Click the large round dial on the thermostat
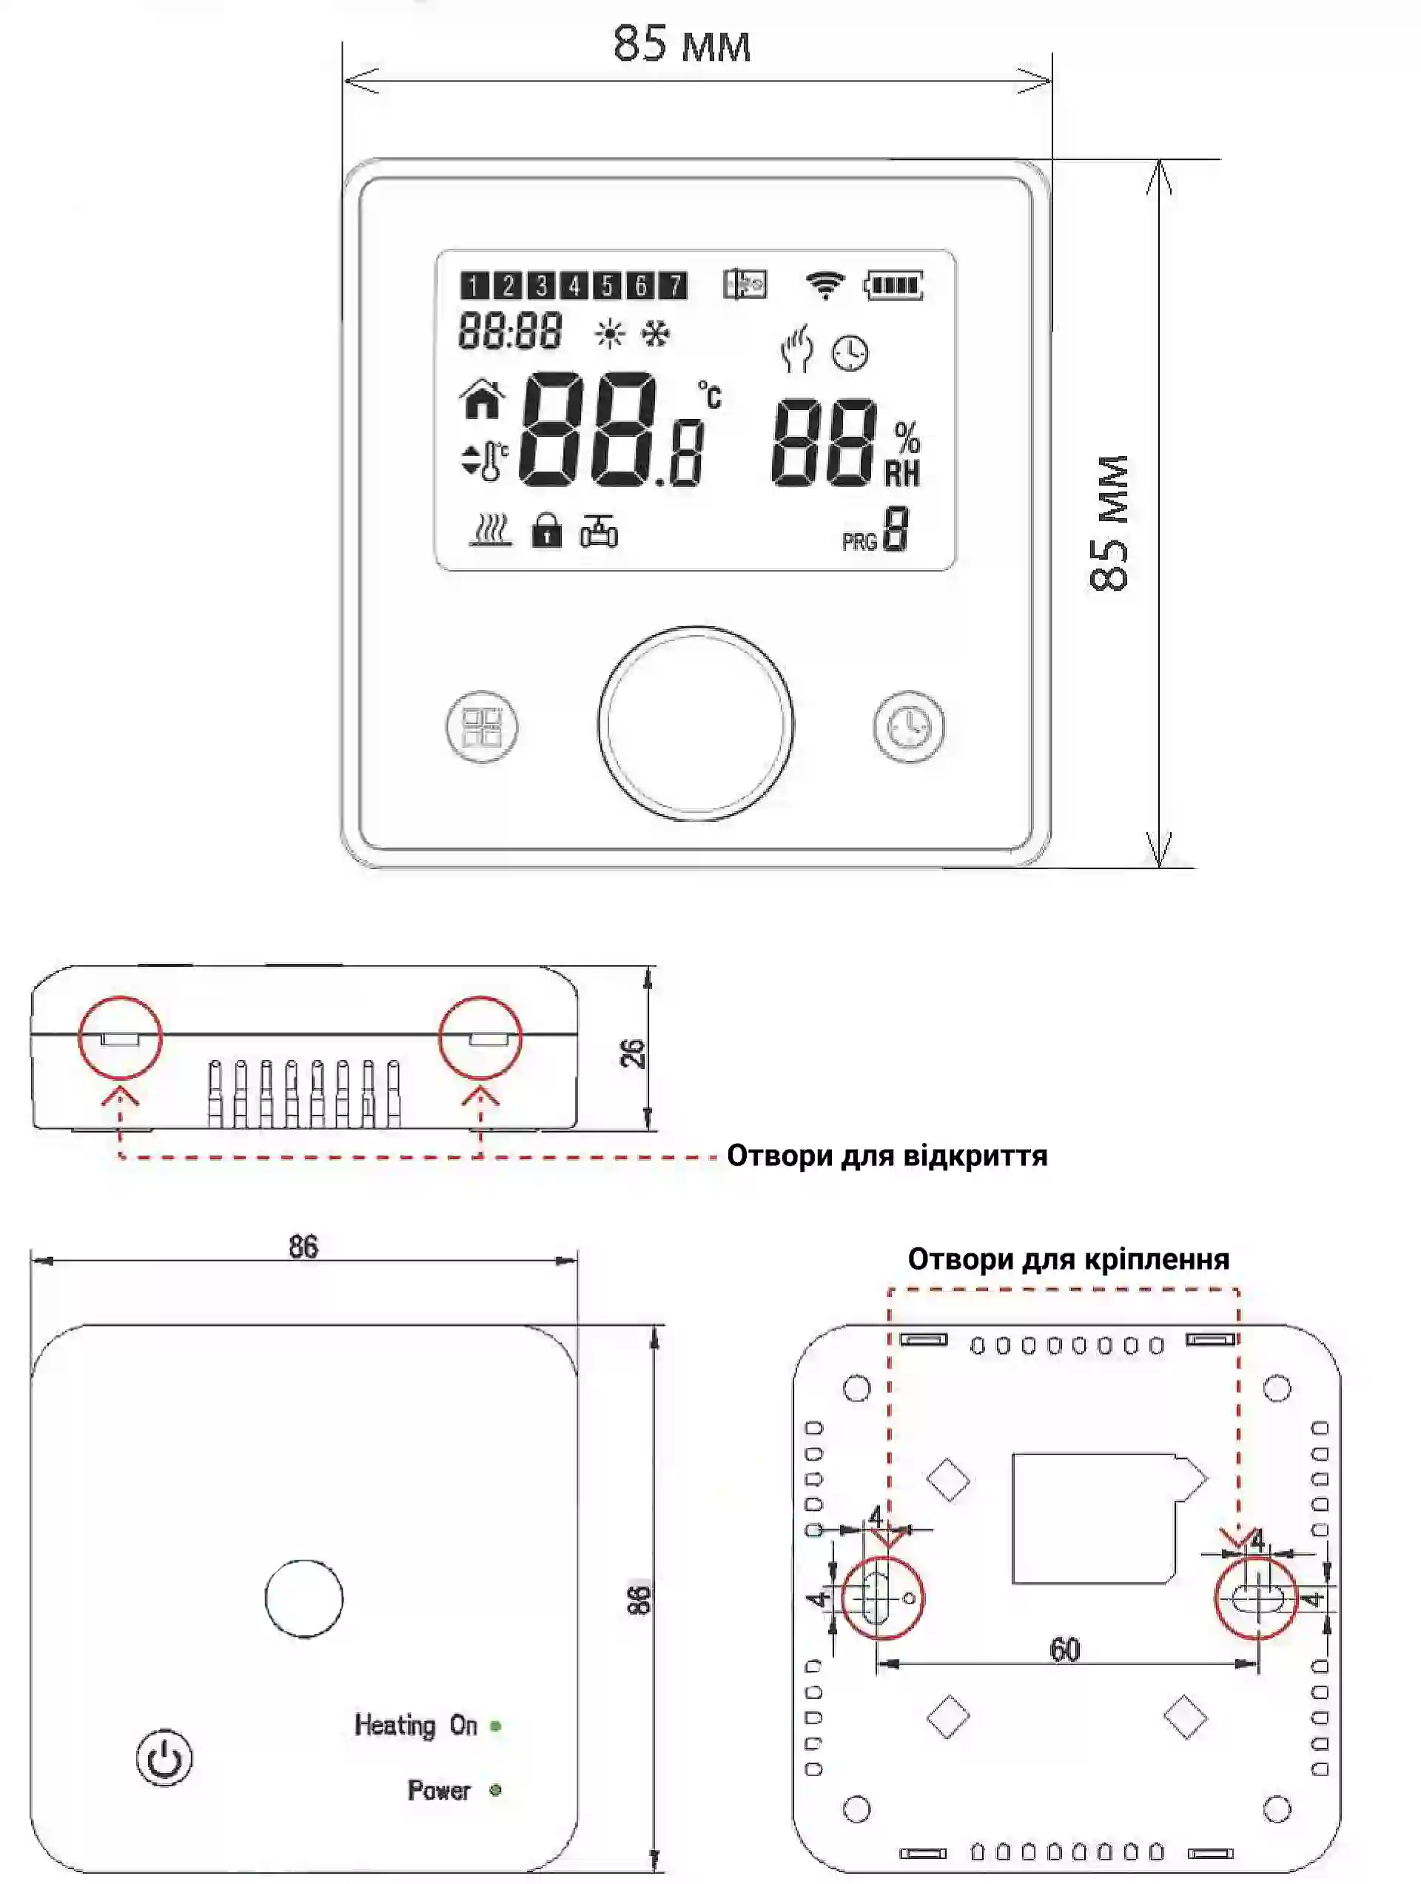coord(696,724)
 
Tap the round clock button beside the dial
coord(908,726)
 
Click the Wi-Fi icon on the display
coord(824,284)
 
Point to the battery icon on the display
coord(894,284)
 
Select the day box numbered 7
coord(673,285)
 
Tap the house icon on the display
coord(483,398)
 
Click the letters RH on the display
coord(902,474)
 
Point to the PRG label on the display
coord(859,542)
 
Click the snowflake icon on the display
coord(655,333)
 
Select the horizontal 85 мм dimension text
coord(682,44)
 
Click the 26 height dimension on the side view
coord(633,1053)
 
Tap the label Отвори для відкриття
coord(887,1156)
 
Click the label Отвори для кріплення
coord(1068,1259)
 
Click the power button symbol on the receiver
coord(164,1757)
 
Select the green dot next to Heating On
coord(496,1726)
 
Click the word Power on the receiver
coord(438,1789)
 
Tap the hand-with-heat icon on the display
coord(797,349)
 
